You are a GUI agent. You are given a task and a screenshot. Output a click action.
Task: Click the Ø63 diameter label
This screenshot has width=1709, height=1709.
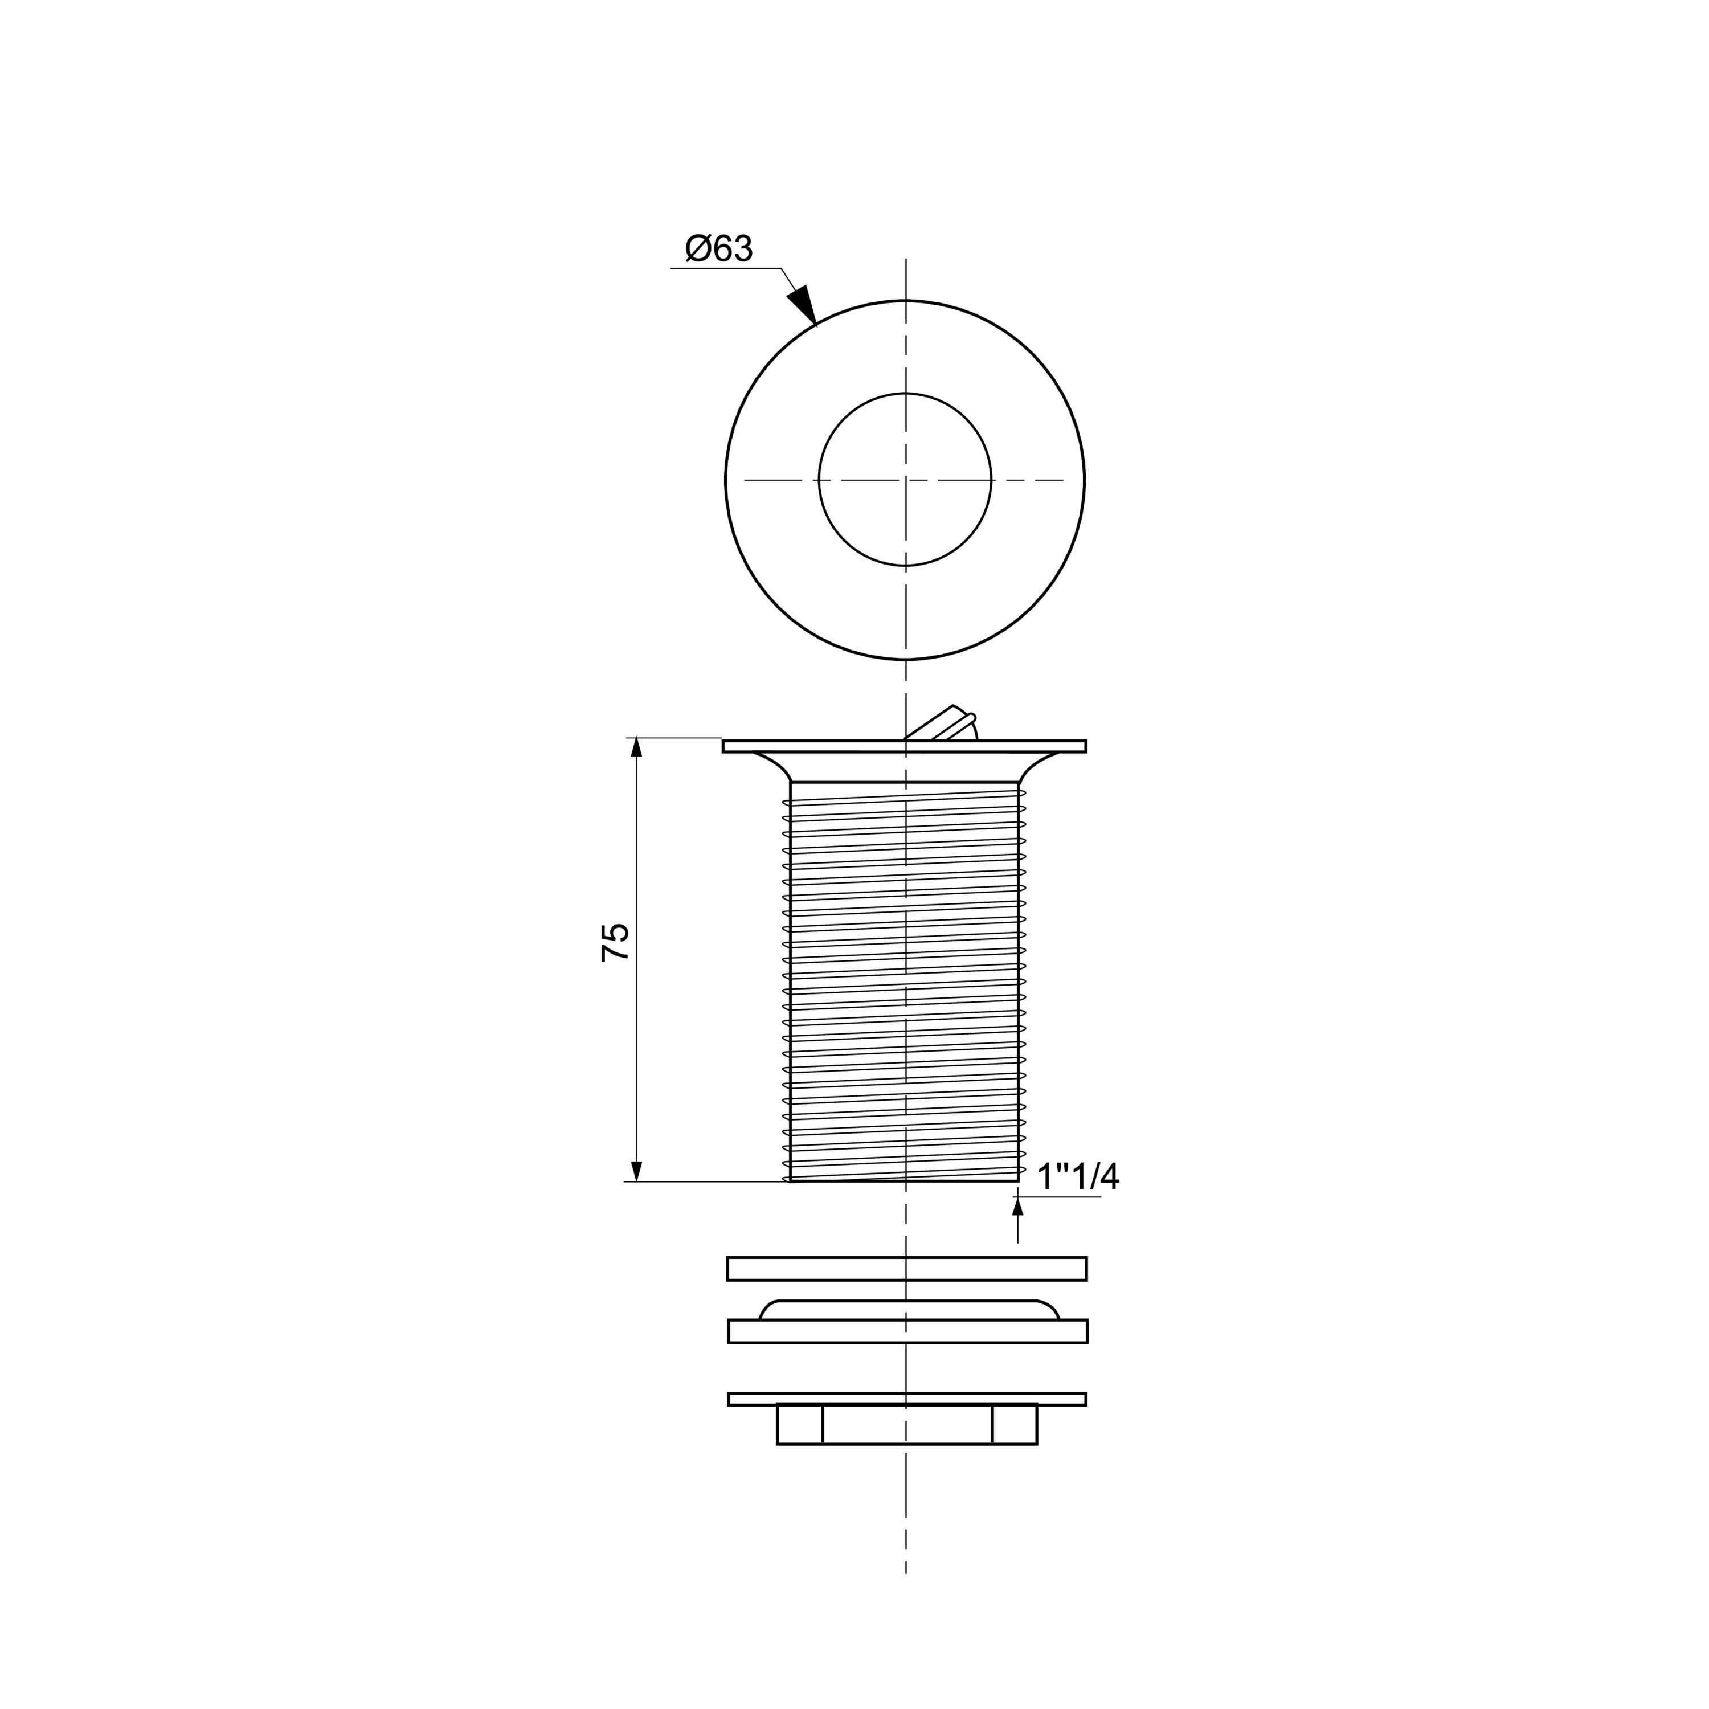point(718,248)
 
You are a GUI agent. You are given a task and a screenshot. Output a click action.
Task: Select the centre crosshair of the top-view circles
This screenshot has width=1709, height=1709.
point(905,480)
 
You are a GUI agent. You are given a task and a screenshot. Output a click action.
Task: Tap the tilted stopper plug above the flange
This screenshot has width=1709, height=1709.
point(942,723)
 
